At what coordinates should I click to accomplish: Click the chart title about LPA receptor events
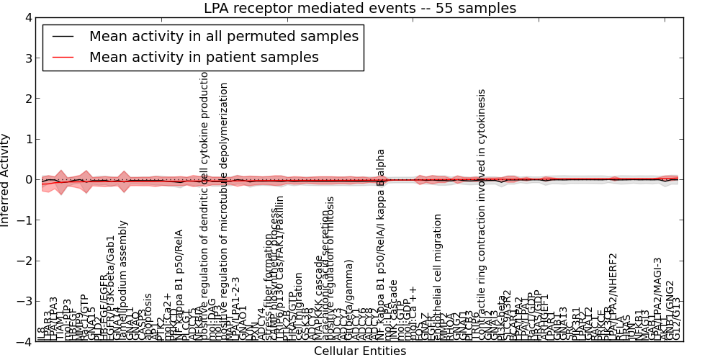360,9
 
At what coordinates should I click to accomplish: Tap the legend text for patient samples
204,57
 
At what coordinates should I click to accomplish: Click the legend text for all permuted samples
223,36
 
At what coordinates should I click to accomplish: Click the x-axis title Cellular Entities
360,351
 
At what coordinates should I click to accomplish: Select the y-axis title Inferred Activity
6,180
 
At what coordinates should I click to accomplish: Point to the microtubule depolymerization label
224,209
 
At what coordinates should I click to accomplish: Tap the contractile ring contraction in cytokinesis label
482,209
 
